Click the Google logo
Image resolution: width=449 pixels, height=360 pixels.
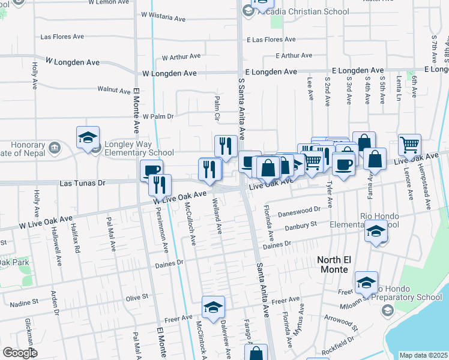pos(19,353)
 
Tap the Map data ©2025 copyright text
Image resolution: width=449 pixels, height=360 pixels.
pos(423,355)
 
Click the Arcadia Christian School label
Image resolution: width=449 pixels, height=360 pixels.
pos(310,11)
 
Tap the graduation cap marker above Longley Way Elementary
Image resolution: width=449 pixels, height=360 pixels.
pos(88,138)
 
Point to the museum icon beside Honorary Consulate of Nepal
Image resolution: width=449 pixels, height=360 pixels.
pos(54,146)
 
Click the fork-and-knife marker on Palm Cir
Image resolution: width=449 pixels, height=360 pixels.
pos(226,146)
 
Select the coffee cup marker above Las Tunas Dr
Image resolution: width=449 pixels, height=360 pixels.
pos(151,170)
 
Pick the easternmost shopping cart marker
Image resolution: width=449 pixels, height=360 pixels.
pos(409,144)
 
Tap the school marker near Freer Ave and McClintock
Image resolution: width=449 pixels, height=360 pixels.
pos(213,307)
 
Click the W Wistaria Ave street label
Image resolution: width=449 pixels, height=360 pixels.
pos(163,18)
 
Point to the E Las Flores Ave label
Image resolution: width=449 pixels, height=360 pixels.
pos(271,40)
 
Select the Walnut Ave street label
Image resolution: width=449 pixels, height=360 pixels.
pos(114,91)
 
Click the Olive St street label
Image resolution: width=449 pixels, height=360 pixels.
pos(137,298)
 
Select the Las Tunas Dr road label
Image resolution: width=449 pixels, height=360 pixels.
pos(82,182)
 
